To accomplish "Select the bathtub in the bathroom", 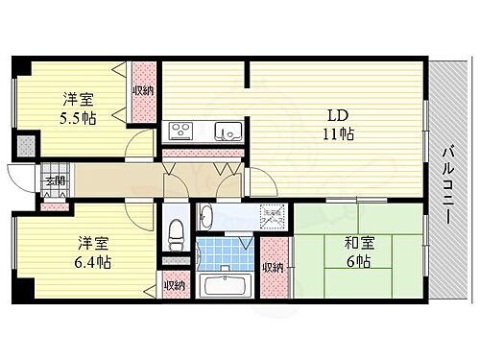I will point(226,285).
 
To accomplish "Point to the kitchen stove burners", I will point(181,132).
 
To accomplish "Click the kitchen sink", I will point(226,132).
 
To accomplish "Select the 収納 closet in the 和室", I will point(274,268).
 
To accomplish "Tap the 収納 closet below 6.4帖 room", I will point(173,285).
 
